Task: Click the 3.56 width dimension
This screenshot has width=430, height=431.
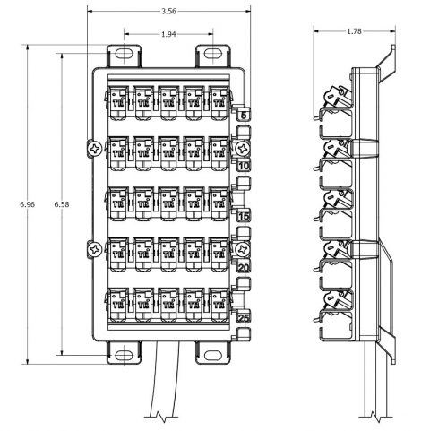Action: click(168, 12)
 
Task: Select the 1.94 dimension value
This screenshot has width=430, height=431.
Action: click(168, 34)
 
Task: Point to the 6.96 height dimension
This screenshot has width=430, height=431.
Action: click(27, 205)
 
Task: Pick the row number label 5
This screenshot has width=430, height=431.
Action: click(244, 114)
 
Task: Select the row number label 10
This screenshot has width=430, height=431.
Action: click(244, 166)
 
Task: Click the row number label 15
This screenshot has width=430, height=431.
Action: click(244, 217)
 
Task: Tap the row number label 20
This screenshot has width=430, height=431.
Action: click(244, 267)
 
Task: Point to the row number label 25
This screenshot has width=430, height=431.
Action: click(244, 318)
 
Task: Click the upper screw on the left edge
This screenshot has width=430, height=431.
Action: click(92, 147)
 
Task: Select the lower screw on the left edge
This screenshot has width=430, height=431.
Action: click(92, 248)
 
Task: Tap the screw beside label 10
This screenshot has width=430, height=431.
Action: click(242, 147)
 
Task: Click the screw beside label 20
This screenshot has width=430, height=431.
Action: click(242, 248)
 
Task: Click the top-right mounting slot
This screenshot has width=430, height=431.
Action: click(211, 55)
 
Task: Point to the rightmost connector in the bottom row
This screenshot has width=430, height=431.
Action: click(218, 306)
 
